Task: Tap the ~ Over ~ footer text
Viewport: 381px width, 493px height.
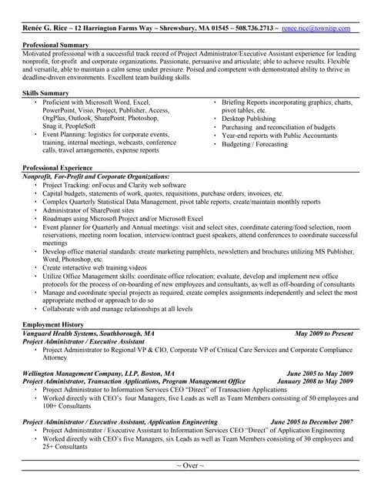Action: pyautogui.click(x=190, y=467)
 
